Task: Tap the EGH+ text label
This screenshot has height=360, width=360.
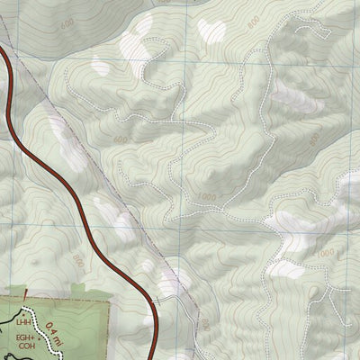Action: [x=24, y=338]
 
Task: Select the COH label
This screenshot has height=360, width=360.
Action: [x=24, y=351]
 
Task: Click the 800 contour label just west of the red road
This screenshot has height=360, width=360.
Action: [x=78, y=261]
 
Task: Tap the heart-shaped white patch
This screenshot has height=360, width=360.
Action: [x=214, y=30]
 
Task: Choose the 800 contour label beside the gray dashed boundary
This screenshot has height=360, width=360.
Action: [x=204, y=322]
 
